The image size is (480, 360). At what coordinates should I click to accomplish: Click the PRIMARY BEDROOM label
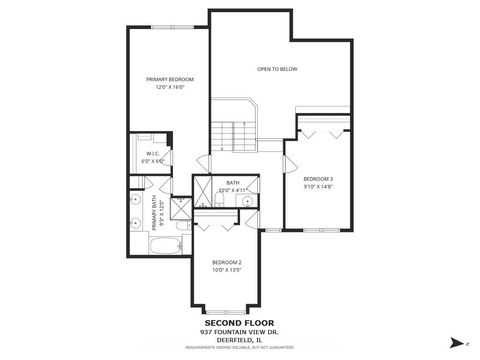pos(169,79)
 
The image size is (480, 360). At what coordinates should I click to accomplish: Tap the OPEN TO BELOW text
pos(278,69)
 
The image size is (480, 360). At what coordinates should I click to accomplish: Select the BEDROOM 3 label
pos(318,179)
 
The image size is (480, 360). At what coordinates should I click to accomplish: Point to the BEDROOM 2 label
pos(227,261)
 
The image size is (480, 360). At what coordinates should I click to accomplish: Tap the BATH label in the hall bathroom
pos(232,182)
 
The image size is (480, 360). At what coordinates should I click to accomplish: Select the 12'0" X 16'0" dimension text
pos(169,88)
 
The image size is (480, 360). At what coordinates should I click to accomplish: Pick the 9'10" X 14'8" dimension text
pos(318,187)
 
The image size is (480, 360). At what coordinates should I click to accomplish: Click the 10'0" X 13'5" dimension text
pos(227,270)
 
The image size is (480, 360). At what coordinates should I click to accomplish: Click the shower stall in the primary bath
pos(180,208)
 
